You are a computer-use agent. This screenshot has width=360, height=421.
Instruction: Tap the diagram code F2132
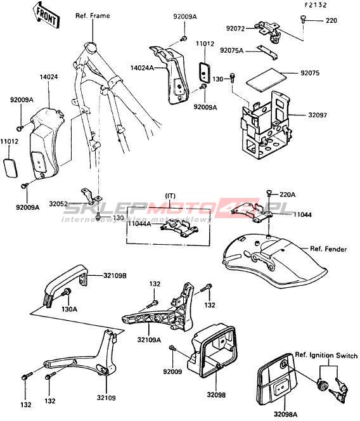[x=316, y=5]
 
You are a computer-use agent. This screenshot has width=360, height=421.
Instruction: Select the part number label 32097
[x=318, y=115]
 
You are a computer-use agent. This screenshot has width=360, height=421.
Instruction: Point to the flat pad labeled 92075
[x=266, y=79]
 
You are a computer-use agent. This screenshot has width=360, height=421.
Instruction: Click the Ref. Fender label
[x=328, y=249]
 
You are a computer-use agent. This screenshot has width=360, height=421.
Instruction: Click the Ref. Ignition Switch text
[x=326, y=355]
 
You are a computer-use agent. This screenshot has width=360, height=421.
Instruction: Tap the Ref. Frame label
[x=93, y=16]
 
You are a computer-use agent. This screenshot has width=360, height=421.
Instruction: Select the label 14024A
[x=142, y=68]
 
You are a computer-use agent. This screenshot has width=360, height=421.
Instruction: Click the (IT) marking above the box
[x=170, y=196]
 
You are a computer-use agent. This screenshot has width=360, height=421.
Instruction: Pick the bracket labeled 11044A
[x=179, y=228]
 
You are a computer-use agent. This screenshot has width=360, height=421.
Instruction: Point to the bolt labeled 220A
[x=269, y=193]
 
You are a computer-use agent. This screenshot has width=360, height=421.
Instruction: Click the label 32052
[x=58, y=204]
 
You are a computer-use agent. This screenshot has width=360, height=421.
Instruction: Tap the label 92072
[x=235, y=28]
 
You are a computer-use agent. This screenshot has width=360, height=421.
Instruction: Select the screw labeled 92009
[x=172, y=348]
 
